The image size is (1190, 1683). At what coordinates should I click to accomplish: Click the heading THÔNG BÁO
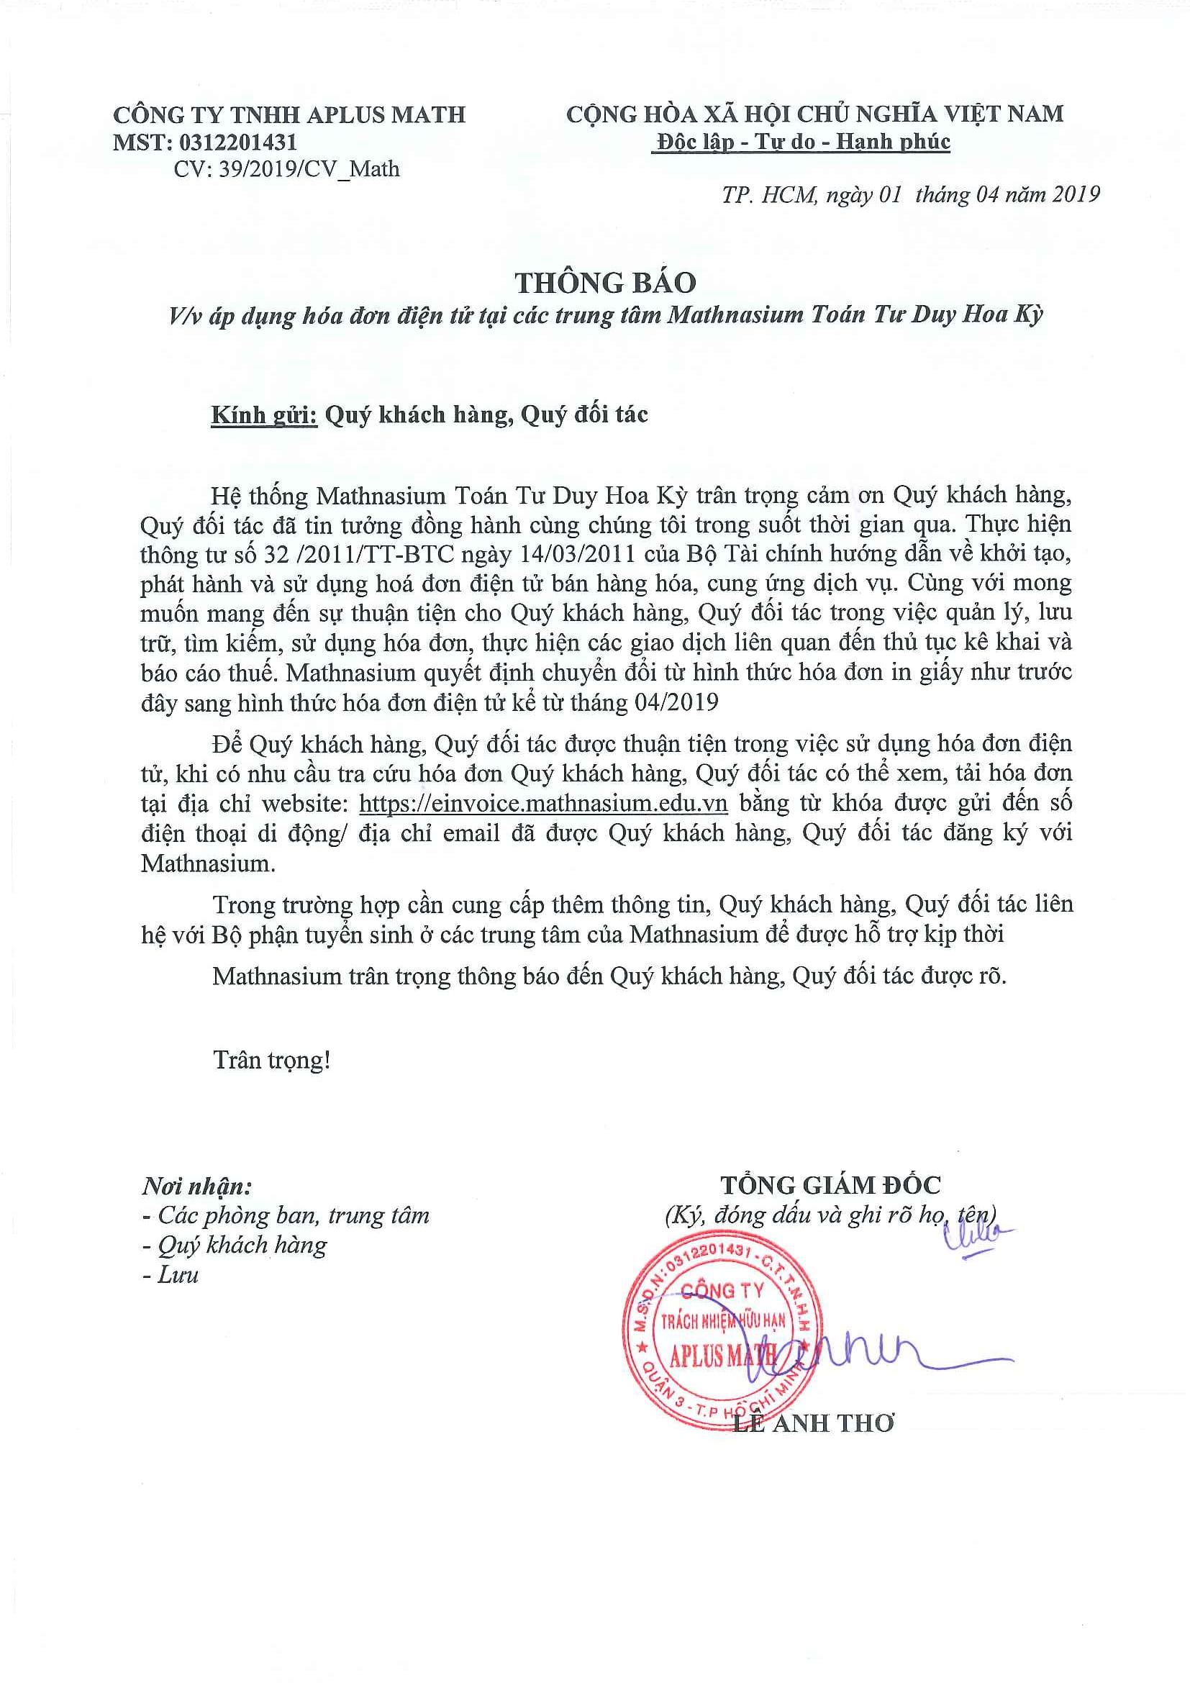click(x=604, y=283)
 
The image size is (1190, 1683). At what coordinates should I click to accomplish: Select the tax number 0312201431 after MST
click(x=238, y=142)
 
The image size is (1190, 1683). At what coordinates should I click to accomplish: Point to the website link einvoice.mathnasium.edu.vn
click(x=543, y=804)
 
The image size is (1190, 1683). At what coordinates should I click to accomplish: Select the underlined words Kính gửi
click(x=264, y=415)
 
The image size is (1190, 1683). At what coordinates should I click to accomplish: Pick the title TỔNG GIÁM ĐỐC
click(x=830, y=1185)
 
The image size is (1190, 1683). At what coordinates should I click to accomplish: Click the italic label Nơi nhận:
click(x=196, y=1186)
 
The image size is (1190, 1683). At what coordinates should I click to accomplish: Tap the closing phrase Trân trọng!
click(x=271, y=1060)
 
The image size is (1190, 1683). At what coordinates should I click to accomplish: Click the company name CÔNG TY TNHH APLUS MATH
click(x=289, y=114)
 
